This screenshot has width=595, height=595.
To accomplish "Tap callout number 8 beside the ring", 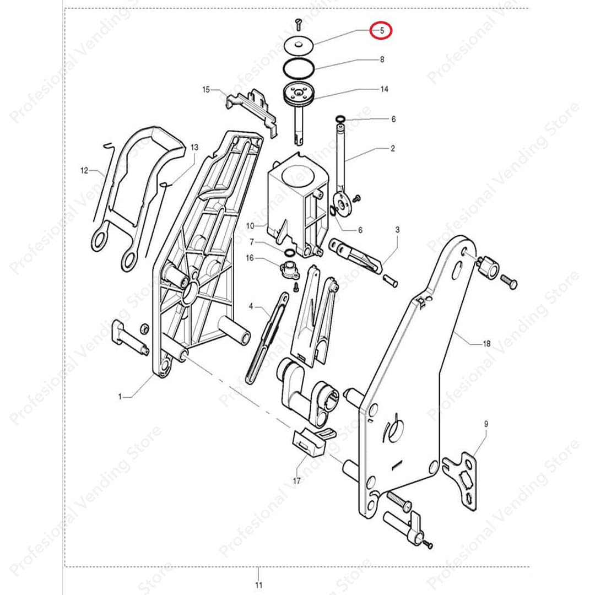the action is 382,59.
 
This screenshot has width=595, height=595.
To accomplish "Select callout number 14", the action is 384,89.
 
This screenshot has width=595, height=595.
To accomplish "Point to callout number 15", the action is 206,90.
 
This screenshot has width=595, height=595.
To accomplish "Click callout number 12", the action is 84,170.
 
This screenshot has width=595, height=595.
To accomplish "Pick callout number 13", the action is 194,147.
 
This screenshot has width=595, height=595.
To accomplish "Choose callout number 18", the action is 486,344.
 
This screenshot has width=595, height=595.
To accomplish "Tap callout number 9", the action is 486,424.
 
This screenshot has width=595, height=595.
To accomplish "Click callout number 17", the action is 297,481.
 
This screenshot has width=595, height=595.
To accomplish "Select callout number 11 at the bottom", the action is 258,585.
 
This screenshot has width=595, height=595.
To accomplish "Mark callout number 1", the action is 120,397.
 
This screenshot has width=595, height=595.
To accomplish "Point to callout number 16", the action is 250,258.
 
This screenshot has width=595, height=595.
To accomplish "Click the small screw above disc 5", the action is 299,24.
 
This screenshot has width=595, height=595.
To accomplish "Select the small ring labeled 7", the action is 289,252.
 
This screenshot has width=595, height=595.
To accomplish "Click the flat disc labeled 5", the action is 299,45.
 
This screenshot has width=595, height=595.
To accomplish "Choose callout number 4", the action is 251,306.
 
